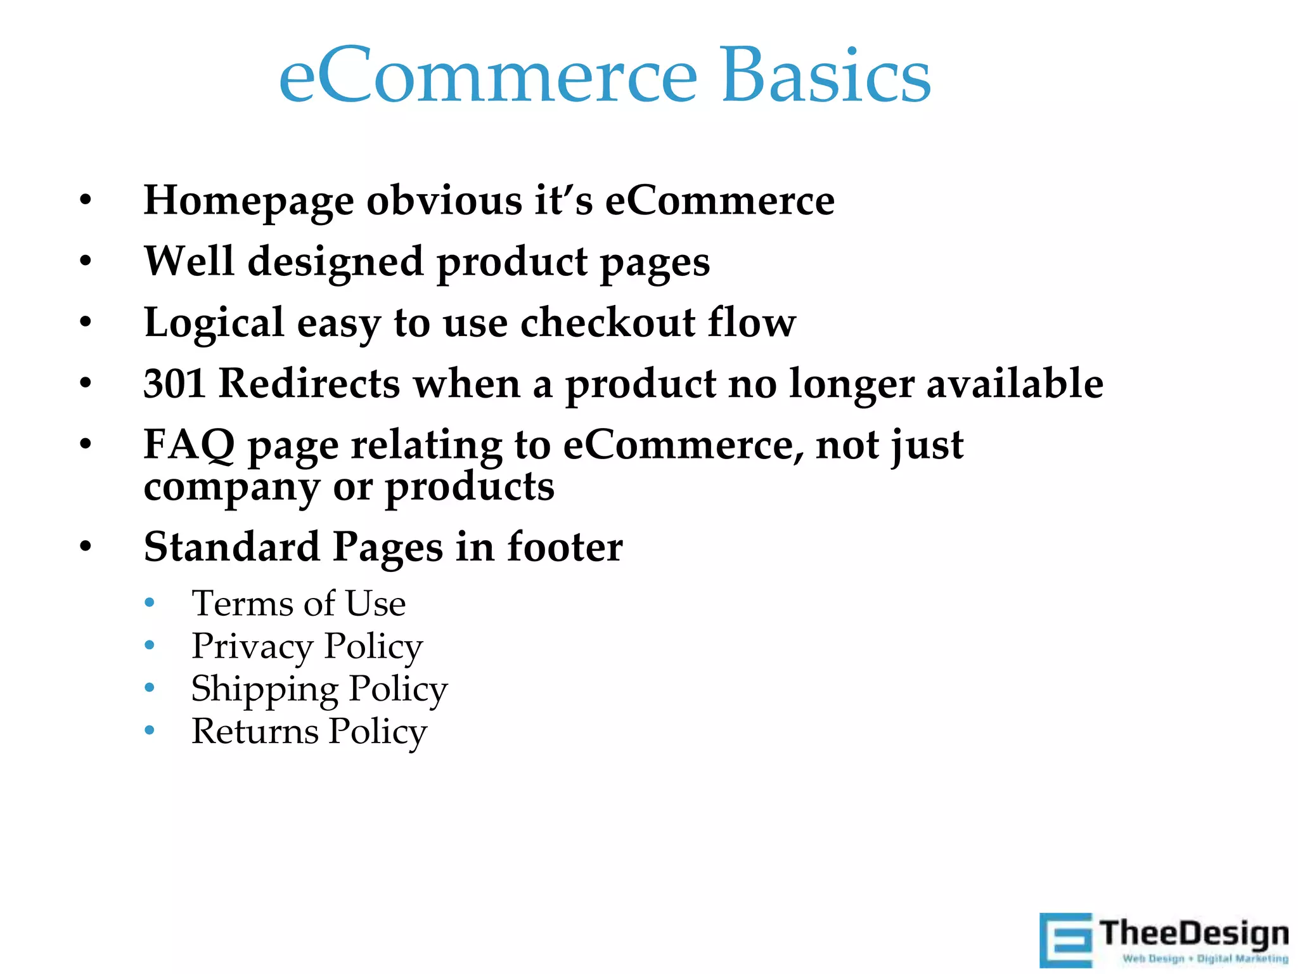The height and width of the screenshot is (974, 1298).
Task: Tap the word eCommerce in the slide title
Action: point(488,76)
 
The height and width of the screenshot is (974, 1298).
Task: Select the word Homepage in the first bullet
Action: point(248,202)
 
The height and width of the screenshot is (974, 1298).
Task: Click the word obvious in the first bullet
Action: point(444,200)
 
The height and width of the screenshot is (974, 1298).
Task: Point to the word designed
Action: point(335,262)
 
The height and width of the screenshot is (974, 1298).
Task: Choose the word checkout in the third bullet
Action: point(607,323)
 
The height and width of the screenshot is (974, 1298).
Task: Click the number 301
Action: point(174,384)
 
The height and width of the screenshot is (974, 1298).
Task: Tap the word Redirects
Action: point(309,384)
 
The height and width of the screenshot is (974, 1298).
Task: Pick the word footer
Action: point(565,547)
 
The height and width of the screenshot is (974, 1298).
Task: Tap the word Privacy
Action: point(252,647)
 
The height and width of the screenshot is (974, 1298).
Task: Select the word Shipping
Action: point(264,690)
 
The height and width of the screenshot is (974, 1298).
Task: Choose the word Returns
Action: point(255,732)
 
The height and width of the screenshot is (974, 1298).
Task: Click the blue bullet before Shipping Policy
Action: point(150,688)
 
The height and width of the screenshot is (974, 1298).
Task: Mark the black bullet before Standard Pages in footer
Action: point(86,547)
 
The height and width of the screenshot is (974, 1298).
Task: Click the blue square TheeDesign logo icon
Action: point(1066,939)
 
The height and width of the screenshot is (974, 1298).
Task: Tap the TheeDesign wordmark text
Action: point(1194,934)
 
